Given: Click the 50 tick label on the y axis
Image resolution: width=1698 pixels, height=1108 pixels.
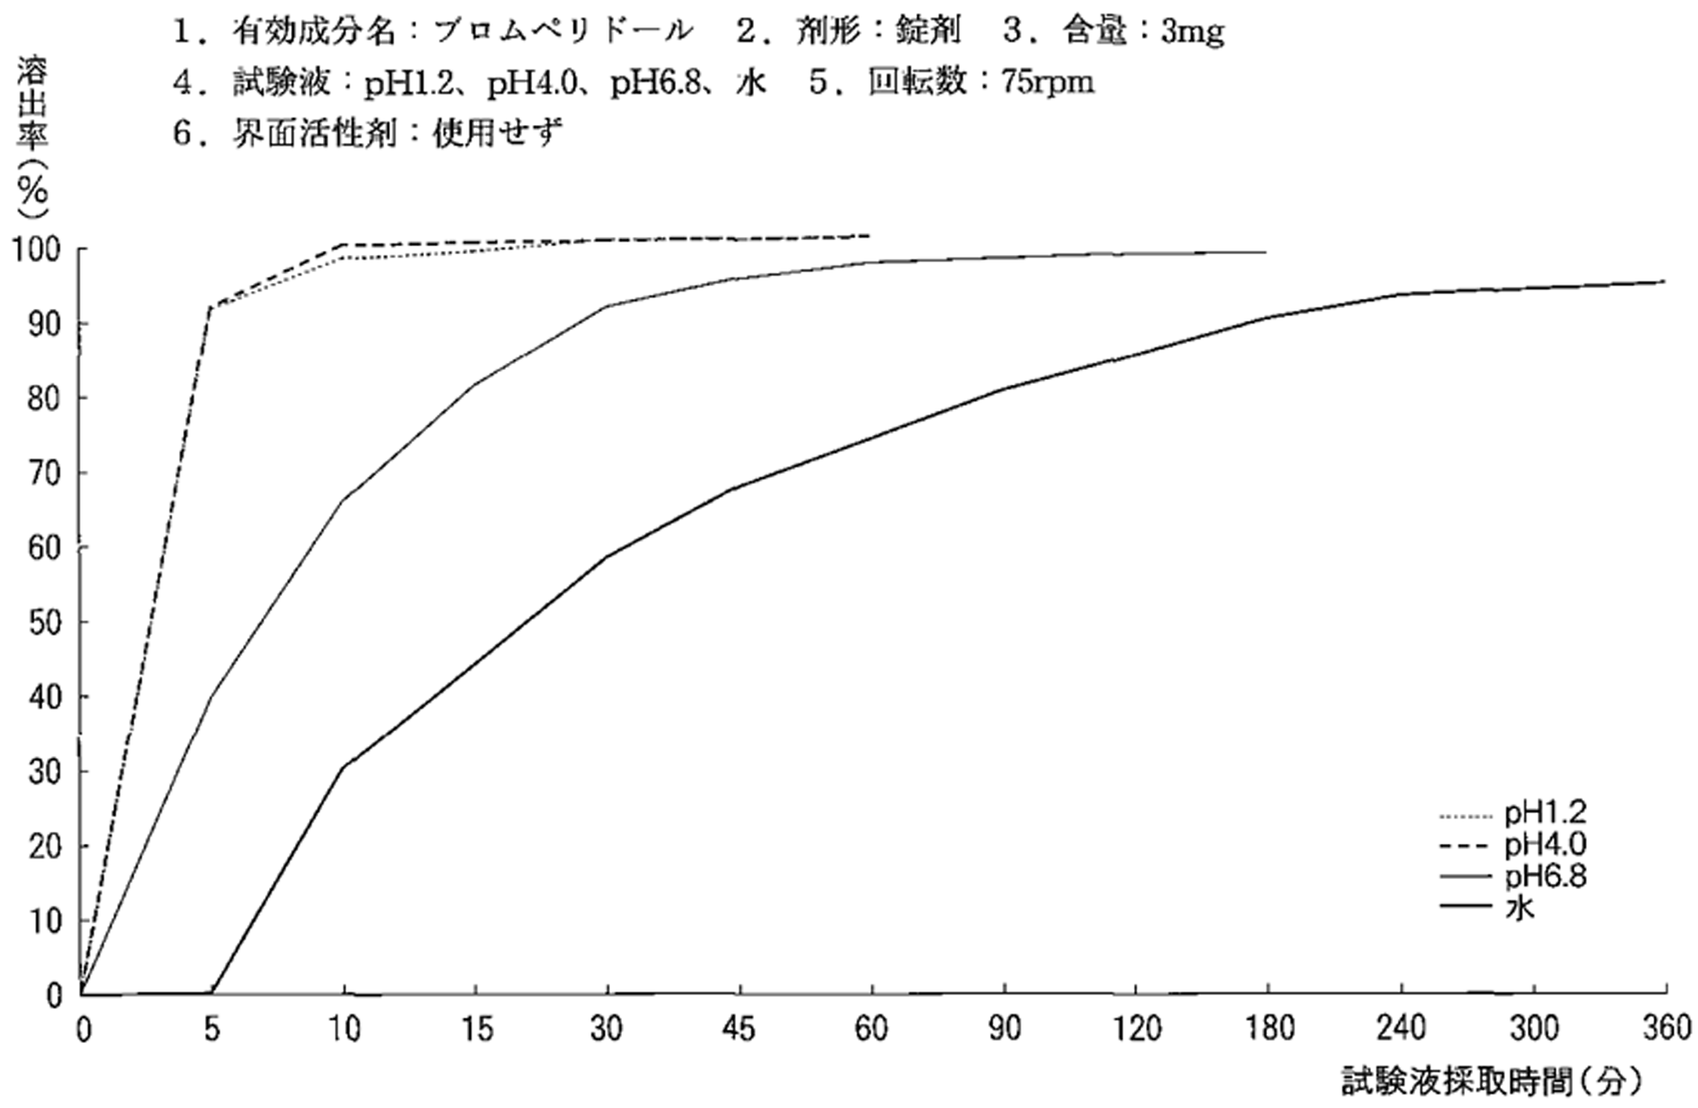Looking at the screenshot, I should pos(44,623).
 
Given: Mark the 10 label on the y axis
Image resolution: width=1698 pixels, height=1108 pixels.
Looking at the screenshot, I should pos(44,922).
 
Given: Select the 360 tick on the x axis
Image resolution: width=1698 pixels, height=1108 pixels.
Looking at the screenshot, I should pos(1667,1029).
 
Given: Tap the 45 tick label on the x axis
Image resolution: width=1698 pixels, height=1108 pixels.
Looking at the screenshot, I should pos(738,1029).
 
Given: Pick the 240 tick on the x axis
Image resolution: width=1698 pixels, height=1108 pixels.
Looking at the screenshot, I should pos(1401,1029).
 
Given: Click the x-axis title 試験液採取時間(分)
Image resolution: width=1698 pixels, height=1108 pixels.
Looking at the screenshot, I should pos(1490,1083).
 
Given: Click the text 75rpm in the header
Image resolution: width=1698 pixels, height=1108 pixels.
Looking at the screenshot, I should pos(1048,82).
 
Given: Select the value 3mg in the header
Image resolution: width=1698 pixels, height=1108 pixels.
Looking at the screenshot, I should pos(1192,31).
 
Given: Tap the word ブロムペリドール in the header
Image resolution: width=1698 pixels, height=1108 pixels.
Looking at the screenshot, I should pos(563,31).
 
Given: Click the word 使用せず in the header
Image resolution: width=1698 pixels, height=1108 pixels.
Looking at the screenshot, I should pos(497,133).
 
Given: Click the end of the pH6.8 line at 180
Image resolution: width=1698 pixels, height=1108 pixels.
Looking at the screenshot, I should pos(1265,253).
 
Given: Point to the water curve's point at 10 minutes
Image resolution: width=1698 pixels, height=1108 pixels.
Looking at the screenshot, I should pos(344,767).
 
